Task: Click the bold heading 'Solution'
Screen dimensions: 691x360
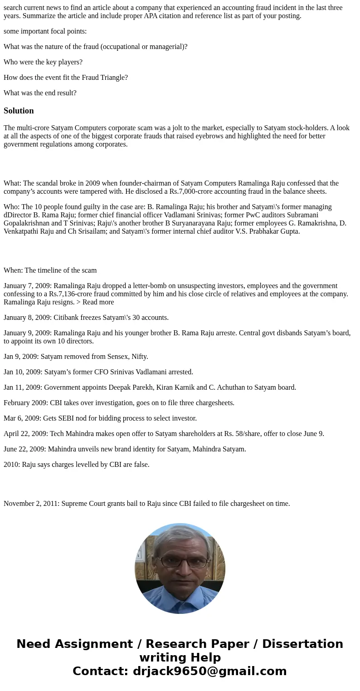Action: pos(19,111)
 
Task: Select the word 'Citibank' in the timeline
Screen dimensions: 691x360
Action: pos(68,318)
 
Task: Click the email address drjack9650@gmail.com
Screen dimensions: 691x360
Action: pos(209,671)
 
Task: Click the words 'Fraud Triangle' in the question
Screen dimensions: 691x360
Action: pos(106,78)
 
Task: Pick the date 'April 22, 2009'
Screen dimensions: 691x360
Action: pos(25,434)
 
